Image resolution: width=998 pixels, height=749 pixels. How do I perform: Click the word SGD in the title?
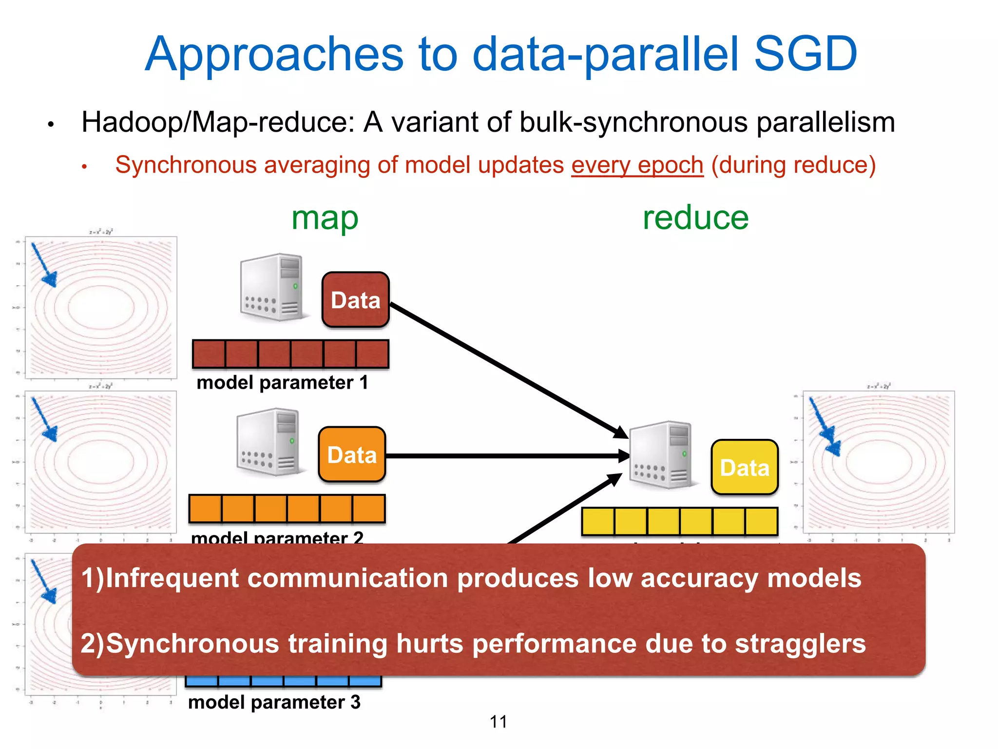[x=805, y=54]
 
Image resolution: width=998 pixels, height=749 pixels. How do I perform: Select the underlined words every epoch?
[x=637, y=165]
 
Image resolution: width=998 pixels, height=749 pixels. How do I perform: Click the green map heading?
[x=325, y=218]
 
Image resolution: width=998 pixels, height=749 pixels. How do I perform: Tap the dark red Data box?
[x=355, y=300]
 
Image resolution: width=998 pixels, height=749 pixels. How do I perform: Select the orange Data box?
[x=352, y=454]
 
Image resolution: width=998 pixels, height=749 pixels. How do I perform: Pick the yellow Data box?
[x=744, y=467]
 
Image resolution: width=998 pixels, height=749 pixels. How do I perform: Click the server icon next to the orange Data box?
[x=268, y=442]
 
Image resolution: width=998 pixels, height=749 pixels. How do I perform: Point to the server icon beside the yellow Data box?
[x=660, y=454]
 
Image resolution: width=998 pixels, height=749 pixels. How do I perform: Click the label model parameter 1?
[x=282, y=382]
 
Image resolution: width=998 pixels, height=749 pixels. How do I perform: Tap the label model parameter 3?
[x=274, y=702]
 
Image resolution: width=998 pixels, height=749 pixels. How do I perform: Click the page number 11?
[x=498, y=722]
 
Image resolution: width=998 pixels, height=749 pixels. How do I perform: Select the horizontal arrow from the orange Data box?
[x=502, y=456]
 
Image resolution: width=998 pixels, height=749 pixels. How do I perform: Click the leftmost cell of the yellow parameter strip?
[x=598, y=521]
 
